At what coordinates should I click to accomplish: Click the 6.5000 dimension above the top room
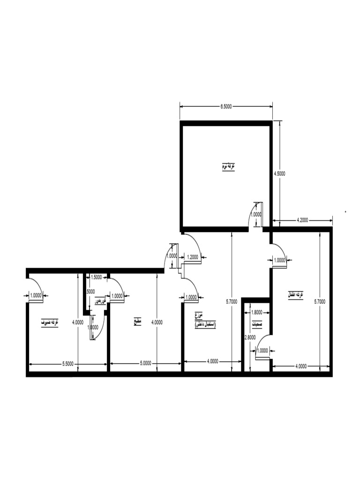pos(226,106)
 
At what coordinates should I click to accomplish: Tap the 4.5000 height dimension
pos(280,173)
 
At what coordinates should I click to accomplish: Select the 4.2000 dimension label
pos(302,219)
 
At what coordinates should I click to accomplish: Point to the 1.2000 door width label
pos(192,257)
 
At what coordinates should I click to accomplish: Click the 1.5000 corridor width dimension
pos(96,277)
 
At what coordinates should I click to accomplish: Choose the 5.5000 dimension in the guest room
pos(68,363)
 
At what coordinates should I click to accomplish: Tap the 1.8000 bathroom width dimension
pos(257,312)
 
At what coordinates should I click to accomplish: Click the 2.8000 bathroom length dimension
pos(249,337)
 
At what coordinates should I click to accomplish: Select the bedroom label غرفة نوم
pos(228,166)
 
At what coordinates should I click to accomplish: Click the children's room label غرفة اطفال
pos(296,294)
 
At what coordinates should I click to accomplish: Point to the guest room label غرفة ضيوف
pos(50,322)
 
